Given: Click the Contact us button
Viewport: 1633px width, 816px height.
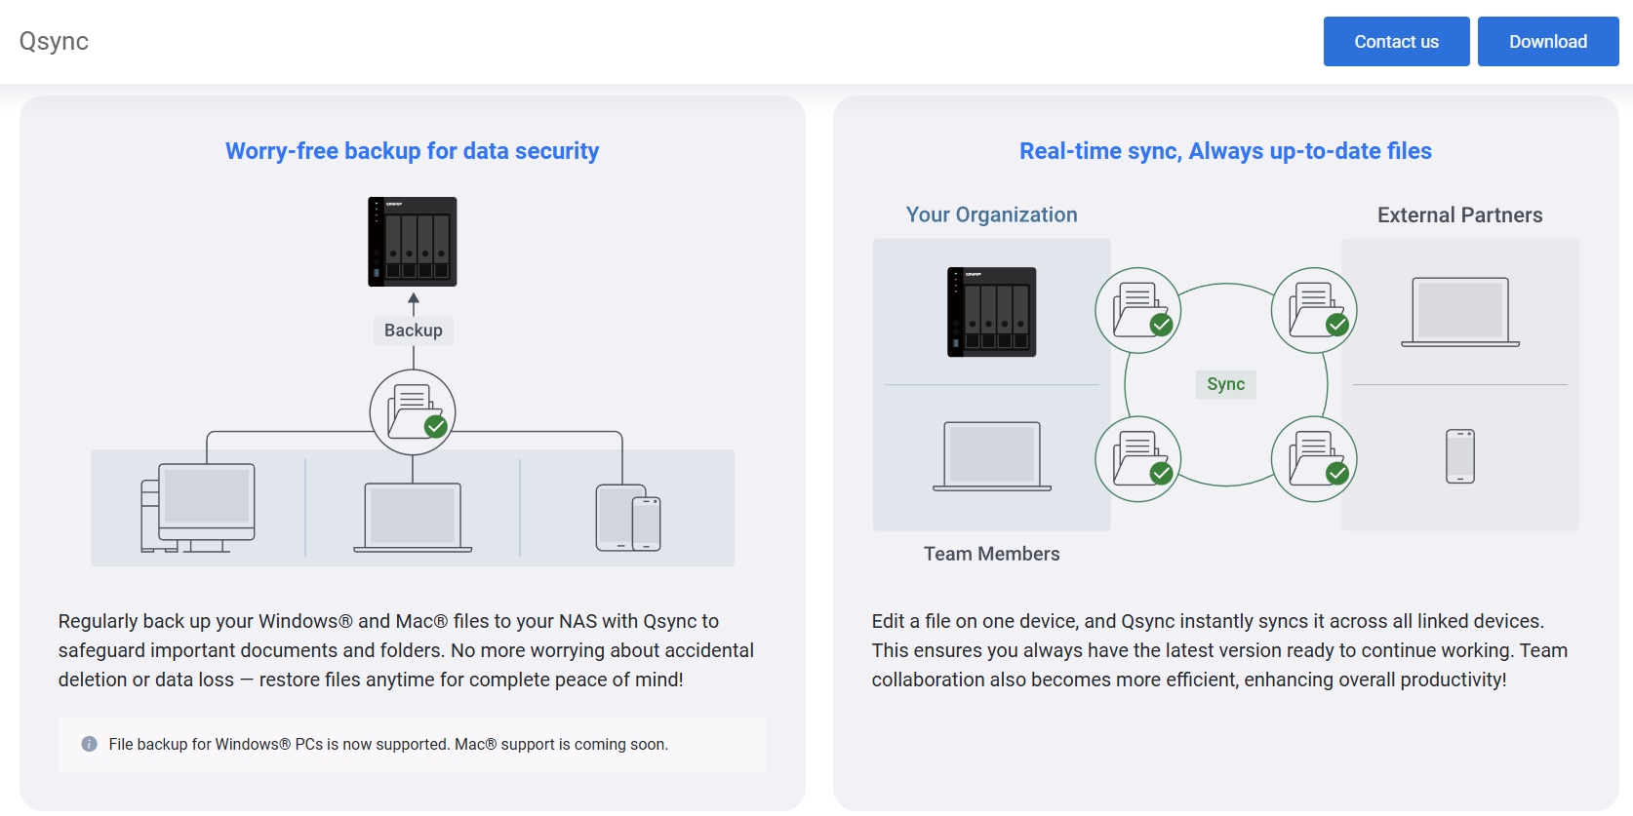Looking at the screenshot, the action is point(1396,42).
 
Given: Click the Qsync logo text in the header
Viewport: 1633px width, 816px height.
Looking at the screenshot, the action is point(54,41).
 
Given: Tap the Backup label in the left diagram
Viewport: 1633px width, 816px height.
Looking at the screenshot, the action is point(414,330).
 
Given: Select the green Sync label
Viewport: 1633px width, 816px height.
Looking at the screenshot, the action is point(1225,384).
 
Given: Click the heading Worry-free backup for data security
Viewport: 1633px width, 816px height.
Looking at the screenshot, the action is point(412,151).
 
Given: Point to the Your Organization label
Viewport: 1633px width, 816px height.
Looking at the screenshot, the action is point(991,214).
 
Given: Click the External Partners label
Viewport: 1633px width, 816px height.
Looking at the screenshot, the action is point(1459,214).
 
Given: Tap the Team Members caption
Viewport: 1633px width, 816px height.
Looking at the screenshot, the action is point(991,554).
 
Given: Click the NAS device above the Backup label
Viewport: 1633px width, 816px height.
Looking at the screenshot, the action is point(413,241).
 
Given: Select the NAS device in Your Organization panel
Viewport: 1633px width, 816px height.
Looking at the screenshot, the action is point(991,312).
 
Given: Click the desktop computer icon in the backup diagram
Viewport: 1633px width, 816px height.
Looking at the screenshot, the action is point(198,508).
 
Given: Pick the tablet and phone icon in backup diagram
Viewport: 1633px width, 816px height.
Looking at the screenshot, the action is point(628,518).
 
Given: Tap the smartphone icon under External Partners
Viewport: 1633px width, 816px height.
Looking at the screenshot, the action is point(1460,457).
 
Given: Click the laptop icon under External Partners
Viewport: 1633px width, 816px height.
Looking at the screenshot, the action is point(1460,312).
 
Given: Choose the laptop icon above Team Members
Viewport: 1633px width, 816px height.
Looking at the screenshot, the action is point(992,456).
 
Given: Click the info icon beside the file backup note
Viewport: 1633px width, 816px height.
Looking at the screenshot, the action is point(89,744).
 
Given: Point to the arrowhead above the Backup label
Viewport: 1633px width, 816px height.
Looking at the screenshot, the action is point(414,298).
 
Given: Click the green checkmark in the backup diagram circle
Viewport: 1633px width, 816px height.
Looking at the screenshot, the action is point(436,426).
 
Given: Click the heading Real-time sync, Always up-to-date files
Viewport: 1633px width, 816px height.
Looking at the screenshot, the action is point(1225,151).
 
